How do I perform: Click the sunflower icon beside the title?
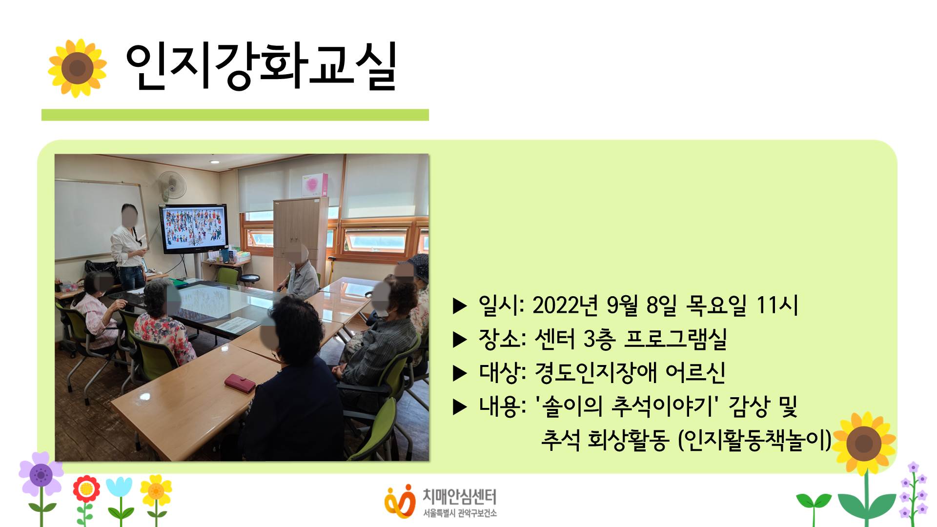(77, 68)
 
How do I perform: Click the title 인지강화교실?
(261, 67)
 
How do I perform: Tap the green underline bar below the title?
(235, 115)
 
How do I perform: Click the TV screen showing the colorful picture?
(194, 228)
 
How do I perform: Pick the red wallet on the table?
(240, 383)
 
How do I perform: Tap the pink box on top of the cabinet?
(315, 185)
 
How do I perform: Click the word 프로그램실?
(675, 339)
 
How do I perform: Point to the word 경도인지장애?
(596, 372)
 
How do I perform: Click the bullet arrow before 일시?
(460, 306)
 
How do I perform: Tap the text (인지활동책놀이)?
(754, 440)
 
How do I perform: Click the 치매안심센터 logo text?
(459, 497)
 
